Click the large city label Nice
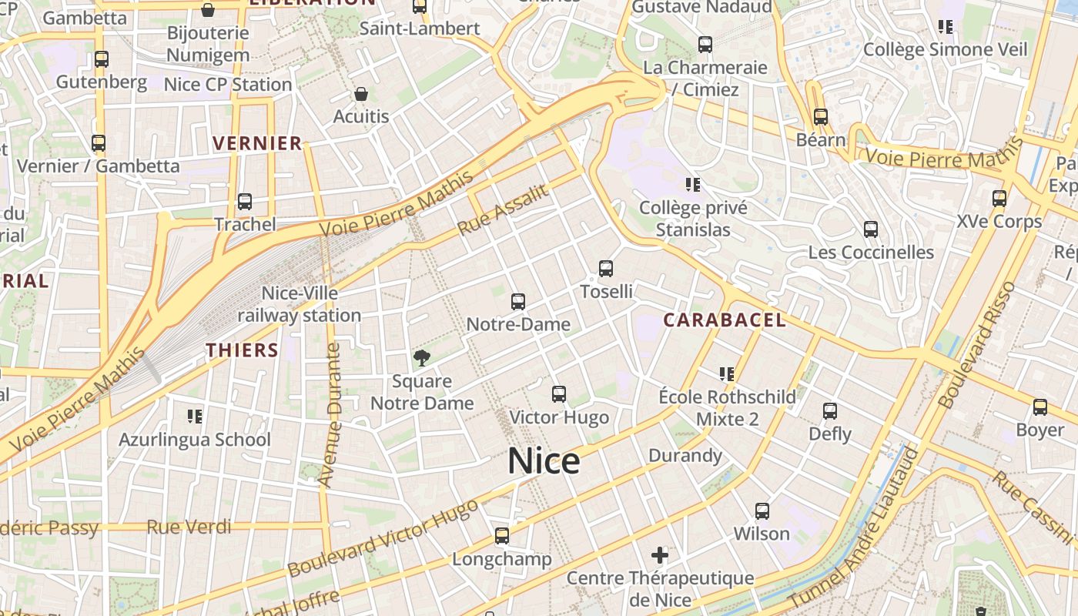(544, 461)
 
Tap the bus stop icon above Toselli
(606, 269)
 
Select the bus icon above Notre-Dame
(518, 302)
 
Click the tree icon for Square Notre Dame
(421, 357)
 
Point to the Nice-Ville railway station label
(299, 304)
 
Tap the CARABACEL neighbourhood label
(725, 320)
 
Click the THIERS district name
(242, 350)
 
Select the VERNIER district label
(257, 143)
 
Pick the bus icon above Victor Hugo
(559, 394)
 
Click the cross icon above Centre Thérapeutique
(660, 554)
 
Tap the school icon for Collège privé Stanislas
(692, 185)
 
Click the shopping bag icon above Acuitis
(361, 95)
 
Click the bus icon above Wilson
(762, 511)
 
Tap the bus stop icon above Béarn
(821, 117)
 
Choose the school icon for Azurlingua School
(194, 417)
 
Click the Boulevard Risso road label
(976, 346)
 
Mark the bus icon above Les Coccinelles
(871, 229)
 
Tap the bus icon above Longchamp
(502, 535)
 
